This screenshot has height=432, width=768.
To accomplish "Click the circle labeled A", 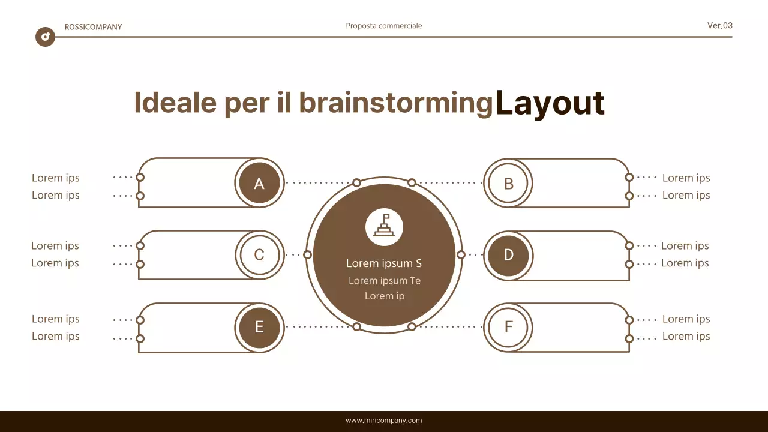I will coord(259,183).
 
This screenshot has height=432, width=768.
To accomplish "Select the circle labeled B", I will coord(508,183).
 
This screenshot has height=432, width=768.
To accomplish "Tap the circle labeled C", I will coord(259,255).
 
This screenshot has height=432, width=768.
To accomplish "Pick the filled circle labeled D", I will coord(508,255).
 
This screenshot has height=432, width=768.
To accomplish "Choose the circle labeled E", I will coord(259,327).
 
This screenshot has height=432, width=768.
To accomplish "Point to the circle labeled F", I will coord(508,327).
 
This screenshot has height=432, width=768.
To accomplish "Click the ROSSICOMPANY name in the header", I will coord(93,27).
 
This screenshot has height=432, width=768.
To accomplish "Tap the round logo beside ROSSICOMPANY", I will coord(45,37).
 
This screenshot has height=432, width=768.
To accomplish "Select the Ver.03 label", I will coord(720,26).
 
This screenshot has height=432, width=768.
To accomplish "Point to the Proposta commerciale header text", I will coord(384,26).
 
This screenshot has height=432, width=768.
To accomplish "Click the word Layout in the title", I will coord(550,103).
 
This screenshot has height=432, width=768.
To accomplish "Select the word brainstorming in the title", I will coord(396,103).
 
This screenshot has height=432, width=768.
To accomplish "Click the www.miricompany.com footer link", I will coord(384,421).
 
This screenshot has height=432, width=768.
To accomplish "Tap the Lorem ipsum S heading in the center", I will coord(384,263).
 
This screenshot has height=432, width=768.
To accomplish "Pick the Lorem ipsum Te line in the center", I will coord(385,281).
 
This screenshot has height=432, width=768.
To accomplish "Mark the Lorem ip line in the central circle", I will coord(385,296).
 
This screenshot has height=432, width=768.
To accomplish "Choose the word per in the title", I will coord(247,104).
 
